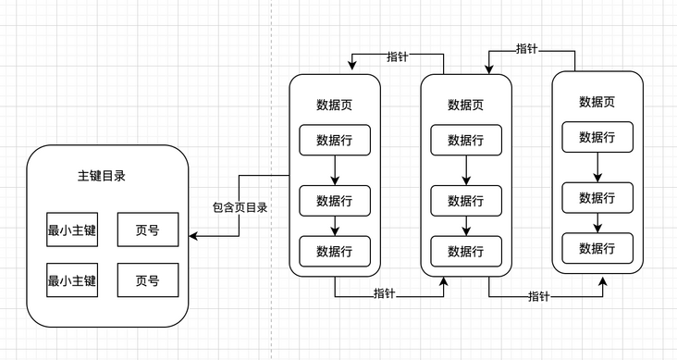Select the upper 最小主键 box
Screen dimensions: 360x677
(72, 230)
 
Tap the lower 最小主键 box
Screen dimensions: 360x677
(72, 279)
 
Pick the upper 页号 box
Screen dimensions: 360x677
(148, 230)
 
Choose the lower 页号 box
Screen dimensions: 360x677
(148, 279)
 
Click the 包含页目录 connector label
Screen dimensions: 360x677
(240, 207)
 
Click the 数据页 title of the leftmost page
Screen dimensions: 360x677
(334, 105)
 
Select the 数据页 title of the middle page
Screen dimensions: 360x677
(465, 105)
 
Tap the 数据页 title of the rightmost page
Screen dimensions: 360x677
(597, 102)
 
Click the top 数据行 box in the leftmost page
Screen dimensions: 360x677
(334, 140)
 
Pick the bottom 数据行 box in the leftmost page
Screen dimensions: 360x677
(334, 251)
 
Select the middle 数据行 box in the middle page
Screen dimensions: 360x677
(465, 201)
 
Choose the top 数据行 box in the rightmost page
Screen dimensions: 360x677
(597, 137)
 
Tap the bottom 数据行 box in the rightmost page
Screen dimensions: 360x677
(597, 248)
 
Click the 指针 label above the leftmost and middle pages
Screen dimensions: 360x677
(397, 57)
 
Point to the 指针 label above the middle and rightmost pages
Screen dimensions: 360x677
(528, 48)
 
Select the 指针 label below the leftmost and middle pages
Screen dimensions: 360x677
(386, 294)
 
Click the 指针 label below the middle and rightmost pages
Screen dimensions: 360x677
(539, 296)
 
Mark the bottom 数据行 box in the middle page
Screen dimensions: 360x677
(465, 251)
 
